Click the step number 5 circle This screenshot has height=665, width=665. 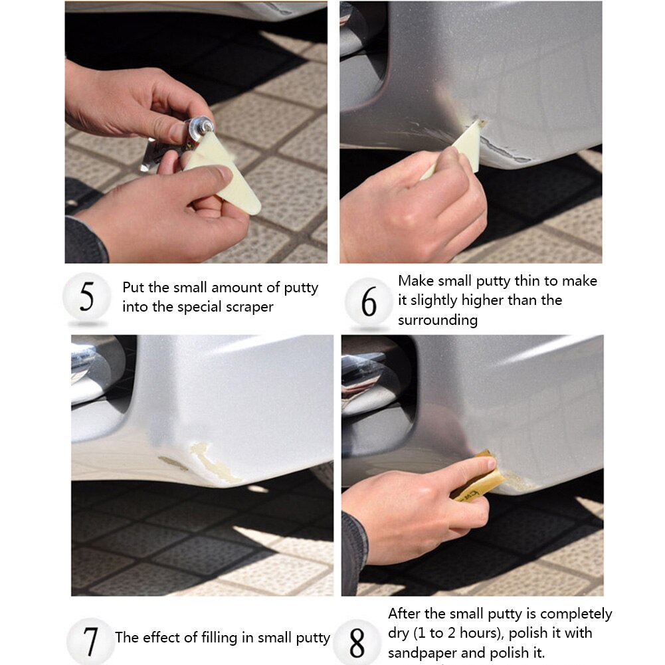pos(86,296)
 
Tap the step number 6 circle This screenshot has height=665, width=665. pos(369,302)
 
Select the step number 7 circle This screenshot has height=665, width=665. pos(90,641)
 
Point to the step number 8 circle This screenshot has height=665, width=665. pos(357,642)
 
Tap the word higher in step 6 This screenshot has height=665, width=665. pos(478,300)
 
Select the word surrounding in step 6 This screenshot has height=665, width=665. pos(438,320)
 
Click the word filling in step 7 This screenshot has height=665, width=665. pos(219,638)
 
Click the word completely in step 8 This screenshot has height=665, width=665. pos(576,614)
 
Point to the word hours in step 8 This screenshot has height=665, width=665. pos(480,632)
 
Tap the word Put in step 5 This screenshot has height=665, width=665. pos(133,288)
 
